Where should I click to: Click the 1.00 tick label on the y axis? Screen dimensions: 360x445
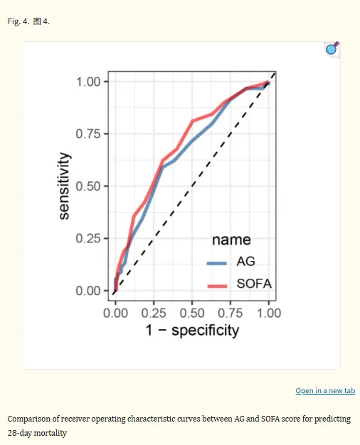point(88,82)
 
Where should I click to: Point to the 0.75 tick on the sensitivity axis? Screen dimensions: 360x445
point(88,134)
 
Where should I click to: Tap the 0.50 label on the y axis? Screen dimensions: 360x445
point(88,186)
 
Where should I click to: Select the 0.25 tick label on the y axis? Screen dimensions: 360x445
point(88,238)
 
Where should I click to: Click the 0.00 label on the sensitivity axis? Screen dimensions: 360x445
point(88,291)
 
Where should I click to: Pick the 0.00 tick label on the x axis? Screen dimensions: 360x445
point(115,313)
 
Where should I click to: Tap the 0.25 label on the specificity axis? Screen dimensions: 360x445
point(154,313)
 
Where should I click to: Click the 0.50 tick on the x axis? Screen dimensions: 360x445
point(192,313)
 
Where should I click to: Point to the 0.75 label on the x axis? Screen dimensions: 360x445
point(231,313)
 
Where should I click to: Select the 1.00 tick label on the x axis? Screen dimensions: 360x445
point(269,313)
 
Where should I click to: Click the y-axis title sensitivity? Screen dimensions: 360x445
point(64,186)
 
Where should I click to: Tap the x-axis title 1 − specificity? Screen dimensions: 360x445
point(192,331)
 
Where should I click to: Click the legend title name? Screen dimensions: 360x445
point(231,240)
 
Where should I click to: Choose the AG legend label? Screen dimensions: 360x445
point(246,262)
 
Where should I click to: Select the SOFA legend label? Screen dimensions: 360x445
point(254,284)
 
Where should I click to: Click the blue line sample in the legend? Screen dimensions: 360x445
point(217,263)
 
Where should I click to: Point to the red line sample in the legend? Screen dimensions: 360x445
point(218,286)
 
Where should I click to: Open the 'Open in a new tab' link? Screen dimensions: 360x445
point(325,391)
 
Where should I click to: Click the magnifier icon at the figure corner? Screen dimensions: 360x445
point(332,49)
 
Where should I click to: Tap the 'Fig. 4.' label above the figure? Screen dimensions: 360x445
point(18,21)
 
